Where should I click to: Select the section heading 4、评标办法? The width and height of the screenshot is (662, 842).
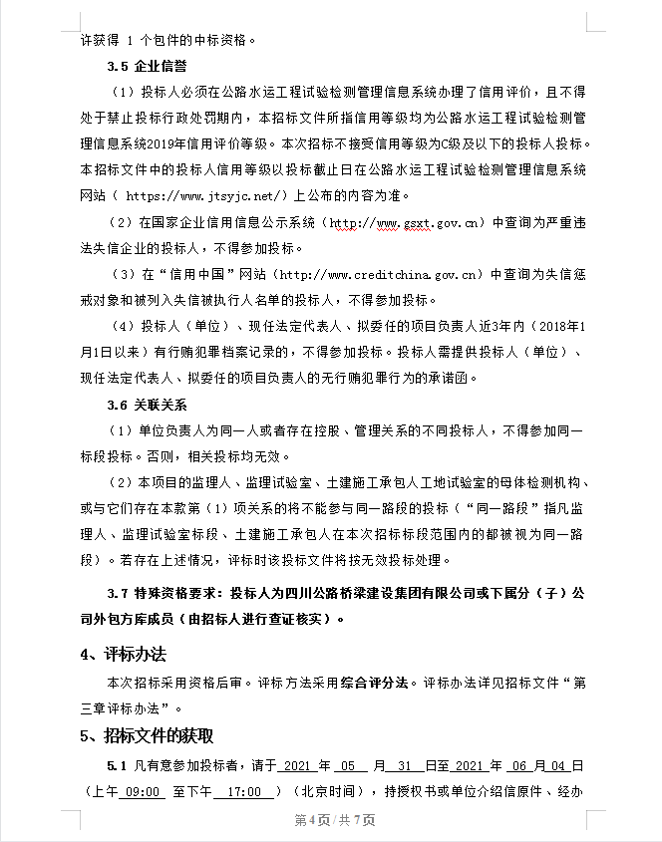[x=123, y=655]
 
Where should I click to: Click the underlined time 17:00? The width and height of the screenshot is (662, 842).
[x=244, y=791]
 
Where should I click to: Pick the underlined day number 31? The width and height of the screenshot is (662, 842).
[x=404, y=766]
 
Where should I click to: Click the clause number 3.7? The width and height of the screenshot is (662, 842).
[x=119, y=593]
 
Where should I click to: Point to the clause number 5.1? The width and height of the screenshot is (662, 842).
[x=117, y=766]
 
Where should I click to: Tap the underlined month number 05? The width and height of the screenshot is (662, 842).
[x=347, y=766]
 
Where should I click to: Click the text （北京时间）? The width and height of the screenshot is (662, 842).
[x=326, y=791]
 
